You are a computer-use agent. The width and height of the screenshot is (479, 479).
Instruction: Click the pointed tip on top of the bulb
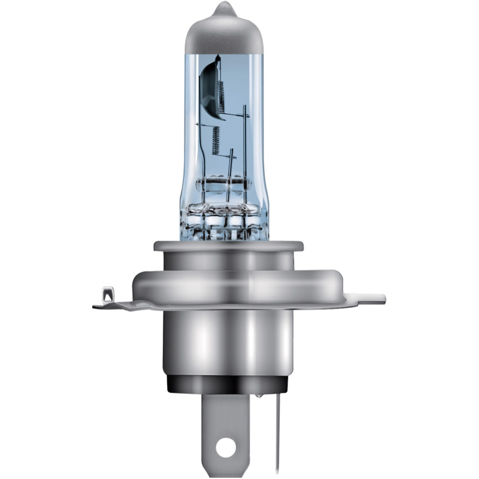tap(223, 8)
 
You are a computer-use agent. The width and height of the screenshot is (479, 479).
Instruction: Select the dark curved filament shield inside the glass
tap(208, 84)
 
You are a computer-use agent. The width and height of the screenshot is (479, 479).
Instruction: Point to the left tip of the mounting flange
tap(96, 306)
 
